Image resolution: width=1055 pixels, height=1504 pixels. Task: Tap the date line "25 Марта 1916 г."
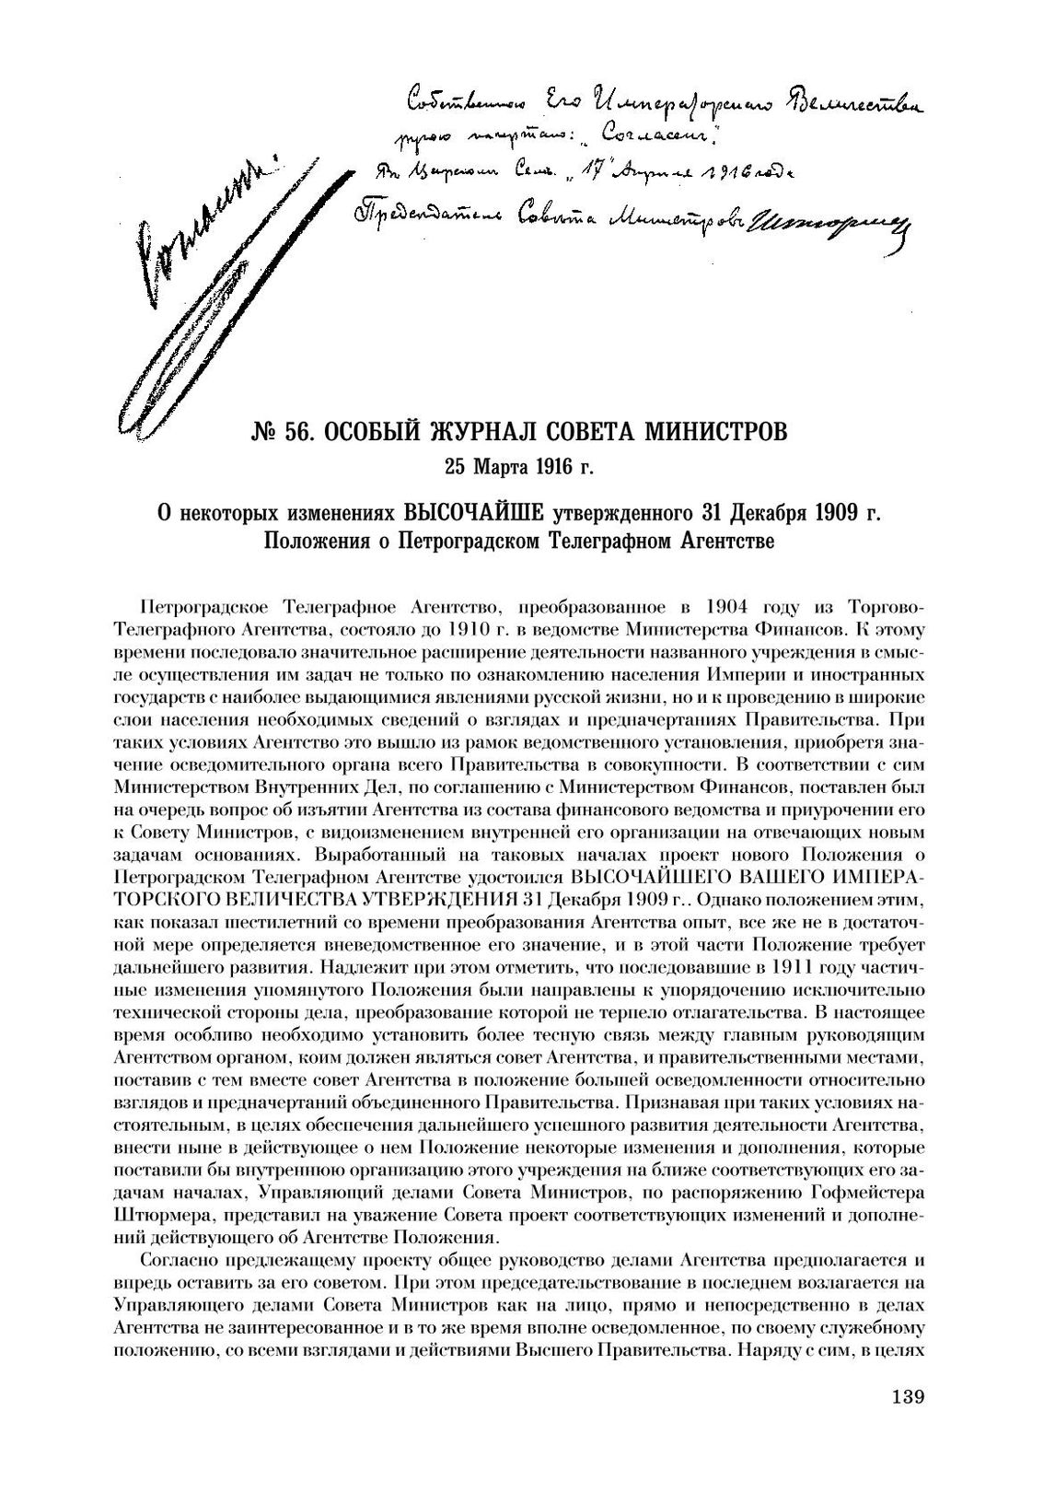[x=519, y=467]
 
